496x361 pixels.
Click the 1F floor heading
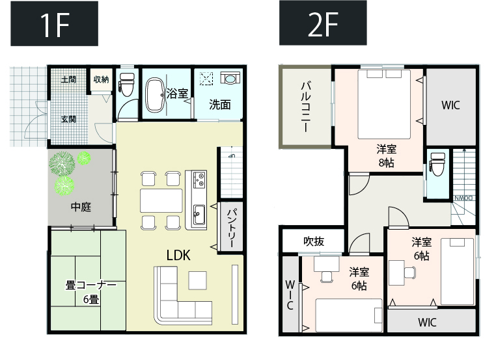click(55, 24)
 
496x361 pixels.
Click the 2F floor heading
click(323, 23)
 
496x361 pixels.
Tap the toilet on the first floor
click(126, 85)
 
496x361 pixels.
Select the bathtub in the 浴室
click(155, 95)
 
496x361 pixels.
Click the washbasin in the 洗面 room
click(230, 77)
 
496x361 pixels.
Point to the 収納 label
click(102, 79)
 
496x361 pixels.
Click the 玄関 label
click(68, 119)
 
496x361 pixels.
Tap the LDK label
click(178, 255)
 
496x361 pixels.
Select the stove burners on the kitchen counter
click(199, 180)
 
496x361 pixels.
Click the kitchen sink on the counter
click(199, 215)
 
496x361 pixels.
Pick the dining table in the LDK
click(161, 200)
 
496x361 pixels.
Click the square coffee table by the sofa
click(198, 280)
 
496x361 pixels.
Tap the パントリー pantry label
click(230, 228)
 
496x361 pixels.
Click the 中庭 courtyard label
click(81, 207)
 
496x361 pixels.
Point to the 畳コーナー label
click(90, 285)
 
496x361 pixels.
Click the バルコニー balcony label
click(305, 107)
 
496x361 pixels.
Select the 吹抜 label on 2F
click(314, 241)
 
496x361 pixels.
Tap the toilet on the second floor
click(437, 164)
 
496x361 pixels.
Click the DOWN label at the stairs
click(463, 198)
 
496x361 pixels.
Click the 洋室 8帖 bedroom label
click(386, 155)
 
